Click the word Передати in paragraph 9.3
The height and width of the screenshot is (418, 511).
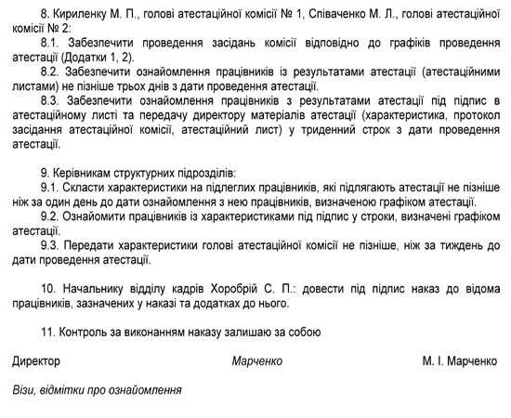click(x=104, y=244)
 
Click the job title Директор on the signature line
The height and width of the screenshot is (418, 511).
click(x=37, y=359)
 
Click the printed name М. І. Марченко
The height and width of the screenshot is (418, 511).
click(x=459, y=359)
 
